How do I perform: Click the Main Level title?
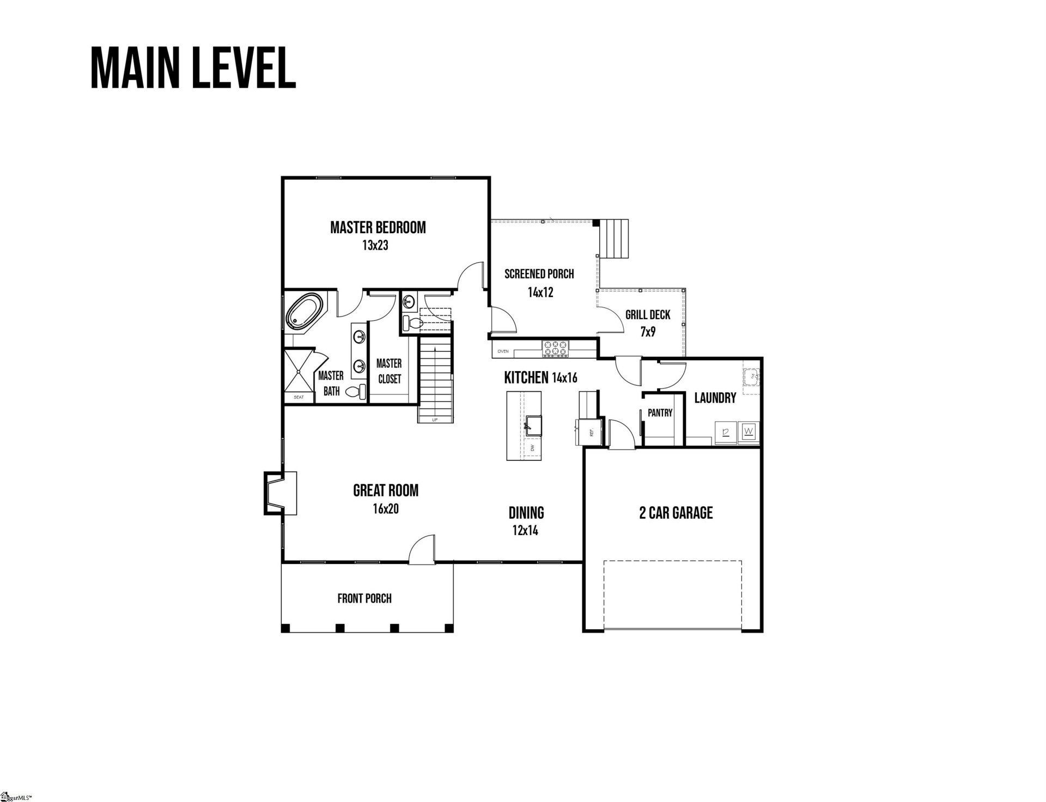(x=193, y=68)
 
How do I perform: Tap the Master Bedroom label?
(x=378, y=227)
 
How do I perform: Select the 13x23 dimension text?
(x=375, y=245)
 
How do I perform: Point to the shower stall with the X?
(x=299, y=370)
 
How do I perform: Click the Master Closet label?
(x=389, y=371)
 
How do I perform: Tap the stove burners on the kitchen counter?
(x=555, y=348)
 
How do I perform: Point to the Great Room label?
(x=386, y=490)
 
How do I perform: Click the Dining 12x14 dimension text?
(x=525, y=530)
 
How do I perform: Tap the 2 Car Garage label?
(x=676, y=513)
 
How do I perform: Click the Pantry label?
(x=660, y=413)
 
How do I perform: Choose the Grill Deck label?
(x=648, y=315)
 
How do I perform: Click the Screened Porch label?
(x=539, y=274)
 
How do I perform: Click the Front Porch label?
(x=364, y=598)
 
